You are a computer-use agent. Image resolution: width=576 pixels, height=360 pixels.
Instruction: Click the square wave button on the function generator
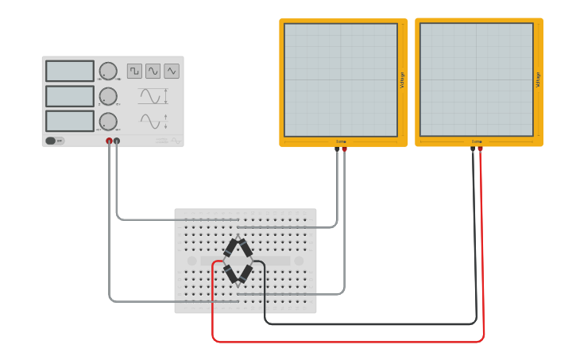pos(134,71)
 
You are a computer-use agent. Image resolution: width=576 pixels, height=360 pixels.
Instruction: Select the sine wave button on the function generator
pos(153,71)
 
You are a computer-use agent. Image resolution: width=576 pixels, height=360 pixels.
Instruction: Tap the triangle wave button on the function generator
pos(172,71)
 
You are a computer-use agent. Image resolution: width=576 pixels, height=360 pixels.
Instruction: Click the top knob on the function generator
pos(108,71)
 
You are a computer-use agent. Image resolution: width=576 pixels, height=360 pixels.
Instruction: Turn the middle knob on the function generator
pos(108,95)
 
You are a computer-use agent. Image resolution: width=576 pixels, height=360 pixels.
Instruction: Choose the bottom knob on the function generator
pos(108,121)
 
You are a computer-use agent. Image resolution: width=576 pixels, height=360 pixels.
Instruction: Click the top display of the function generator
pos(70,71)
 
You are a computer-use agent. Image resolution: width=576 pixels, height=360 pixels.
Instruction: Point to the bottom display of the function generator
pos(70,121)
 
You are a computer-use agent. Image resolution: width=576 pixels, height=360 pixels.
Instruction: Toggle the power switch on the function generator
pos(52,141)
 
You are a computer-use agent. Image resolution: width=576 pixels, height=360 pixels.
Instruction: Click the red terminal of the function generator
pos(109,141)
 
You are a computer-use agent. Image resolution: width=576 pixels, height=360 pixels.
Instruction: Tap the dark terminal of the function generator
pos(117,141)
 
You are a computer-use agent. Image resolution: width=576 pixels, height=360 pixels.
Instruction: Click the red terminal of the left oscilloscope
pos(344,149)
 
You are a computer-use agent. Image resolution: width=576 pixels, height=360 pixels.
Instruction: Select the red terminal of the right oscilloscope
pos(480,149)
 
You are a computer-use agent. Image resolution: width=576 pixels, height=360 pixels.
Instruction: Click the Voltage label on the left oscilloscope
pos(402,79)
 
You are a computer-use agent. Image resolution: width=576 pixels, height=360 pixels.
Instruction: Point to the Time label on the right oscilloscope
pos(477,141)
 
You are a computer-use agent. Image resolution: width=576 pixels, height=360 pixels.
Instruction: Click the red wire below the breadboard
pos(350,342)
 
